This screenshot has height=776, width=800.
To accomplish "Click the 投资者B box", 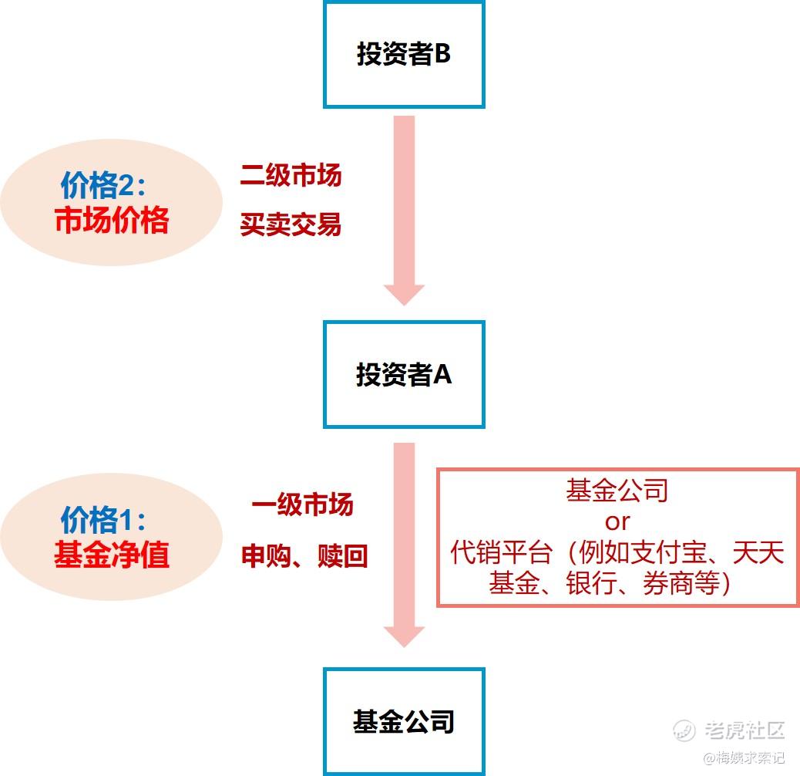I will point(404,55).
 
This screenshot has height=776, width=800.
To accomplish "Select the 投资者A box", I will point(404,375).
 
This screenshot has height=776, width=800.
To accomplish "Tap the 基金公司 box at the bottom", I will point(404,722).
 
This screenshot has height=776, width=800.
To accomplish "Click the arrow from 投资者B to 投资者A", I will point(404,208).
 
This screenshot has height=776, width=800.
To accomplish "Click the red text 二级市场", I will point(291,176).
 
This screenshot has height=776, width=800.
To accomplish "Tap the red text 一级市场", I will point(302,505).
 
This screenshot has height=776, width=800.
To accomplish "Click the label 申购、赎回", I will point(304,556).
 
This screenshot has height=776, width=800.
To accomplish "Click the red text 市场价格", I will point(112,222).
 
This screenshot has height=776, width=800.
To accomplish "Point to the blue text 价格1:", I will point(103,521).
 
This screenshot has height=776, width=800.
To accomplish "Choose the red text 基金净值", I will point(112,555).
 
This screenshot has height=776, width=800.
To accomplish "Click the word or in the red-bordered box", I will point(617,522).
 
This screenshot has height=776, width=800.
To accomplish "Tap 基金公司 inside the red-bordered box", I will point(617,491).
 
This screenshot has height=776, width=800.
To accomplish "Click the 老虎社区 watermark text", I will point(744,730).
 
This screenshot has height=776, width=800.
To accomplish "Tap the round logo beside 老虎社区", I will point(684,730).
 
